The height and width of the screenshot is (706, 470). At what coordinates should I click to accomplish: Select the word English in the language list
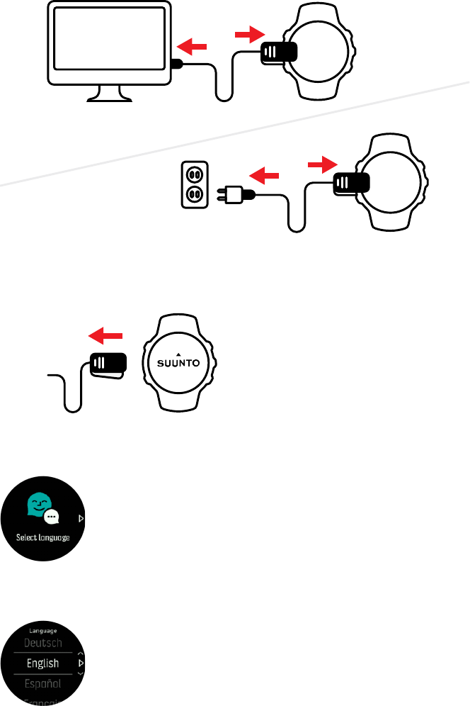pos(42,664)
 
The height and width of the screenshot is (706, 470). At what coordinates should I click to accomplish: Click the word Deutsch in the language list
pos(43,643)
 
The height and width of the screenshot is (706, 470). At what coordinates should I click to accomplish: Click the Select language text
pos(42,537)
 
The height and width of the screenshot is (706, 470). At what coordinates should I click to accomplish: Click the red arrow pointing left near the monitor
pos(193,47)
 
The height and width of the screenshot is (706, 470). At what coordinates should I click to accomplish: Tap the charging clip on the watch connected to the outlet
pos(351,182)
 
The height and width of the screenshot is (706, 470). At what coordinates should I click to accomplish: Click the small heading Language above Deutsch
pos(42,629)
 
